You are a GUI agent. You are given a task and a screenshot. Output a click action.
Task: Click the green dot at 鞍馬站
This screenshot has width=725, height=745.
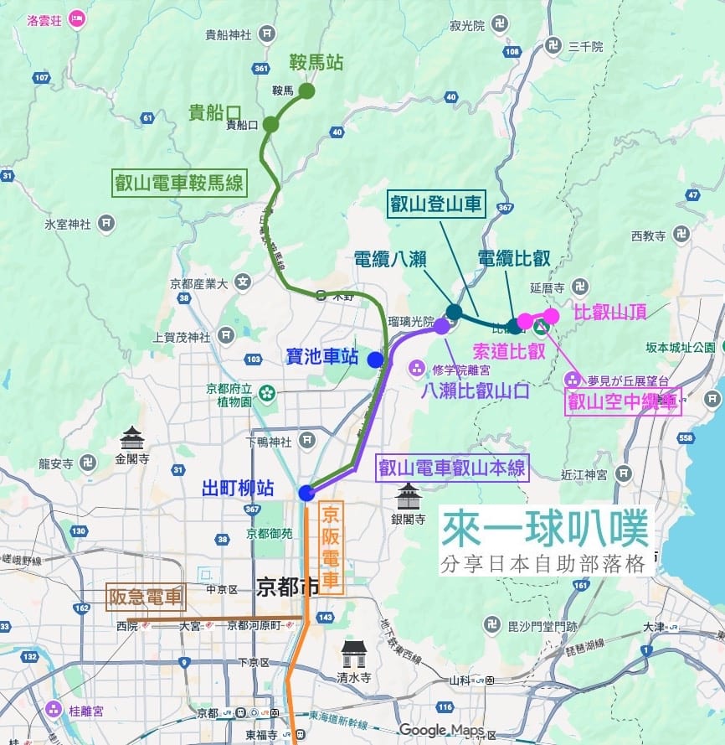coord(306,91)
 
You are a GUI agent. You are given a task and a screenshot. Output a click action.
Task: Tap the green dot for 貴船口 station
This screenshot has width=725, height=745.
coord(270,125)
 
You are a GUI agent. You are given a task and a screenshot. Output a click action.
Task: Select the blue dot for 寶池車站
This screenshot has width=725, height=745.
coord(375,360)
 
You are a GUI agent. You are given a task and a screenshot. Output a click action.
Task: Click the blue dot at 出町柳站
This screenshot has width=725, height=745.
coord(306,492)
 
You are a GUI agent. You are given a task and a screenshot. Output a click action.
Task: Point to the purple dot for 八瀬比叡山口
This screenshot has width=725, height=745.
coord(441,326)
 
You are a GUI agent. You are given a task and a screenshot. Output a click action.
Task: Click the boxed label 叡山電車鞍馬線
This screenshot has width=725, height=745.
coord(179,182)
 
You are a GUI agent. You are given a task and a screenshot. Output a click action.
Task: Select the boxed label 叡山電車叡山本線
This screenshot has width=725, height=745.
coord(452,468)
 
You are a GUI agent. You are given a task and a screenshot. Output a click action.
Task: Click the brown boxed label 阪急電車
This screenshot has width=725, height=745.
coord(146,597)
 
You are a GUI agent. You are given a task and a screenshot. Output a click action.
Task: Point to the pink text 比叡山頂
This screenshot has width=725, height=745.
coord(610,313)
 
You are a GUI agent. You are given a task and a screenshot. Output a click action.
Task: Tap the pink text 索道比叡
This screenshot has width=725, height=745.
coord(509,350)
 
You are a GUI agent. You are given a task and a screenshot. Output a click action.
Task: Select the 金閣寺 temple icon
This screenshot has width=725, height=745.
coord(132,438)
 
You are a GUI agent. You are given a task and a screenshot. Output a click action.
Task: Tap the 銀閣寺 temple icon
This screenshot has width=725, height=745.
coord(408,496)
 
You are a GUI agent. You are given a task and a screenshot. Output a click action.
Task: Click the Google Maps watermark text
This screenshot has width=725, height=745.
coord(441,730)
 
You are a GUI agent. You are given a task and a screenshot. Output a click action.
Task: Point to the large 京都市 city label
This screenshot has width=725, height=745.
coord(287,586)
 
